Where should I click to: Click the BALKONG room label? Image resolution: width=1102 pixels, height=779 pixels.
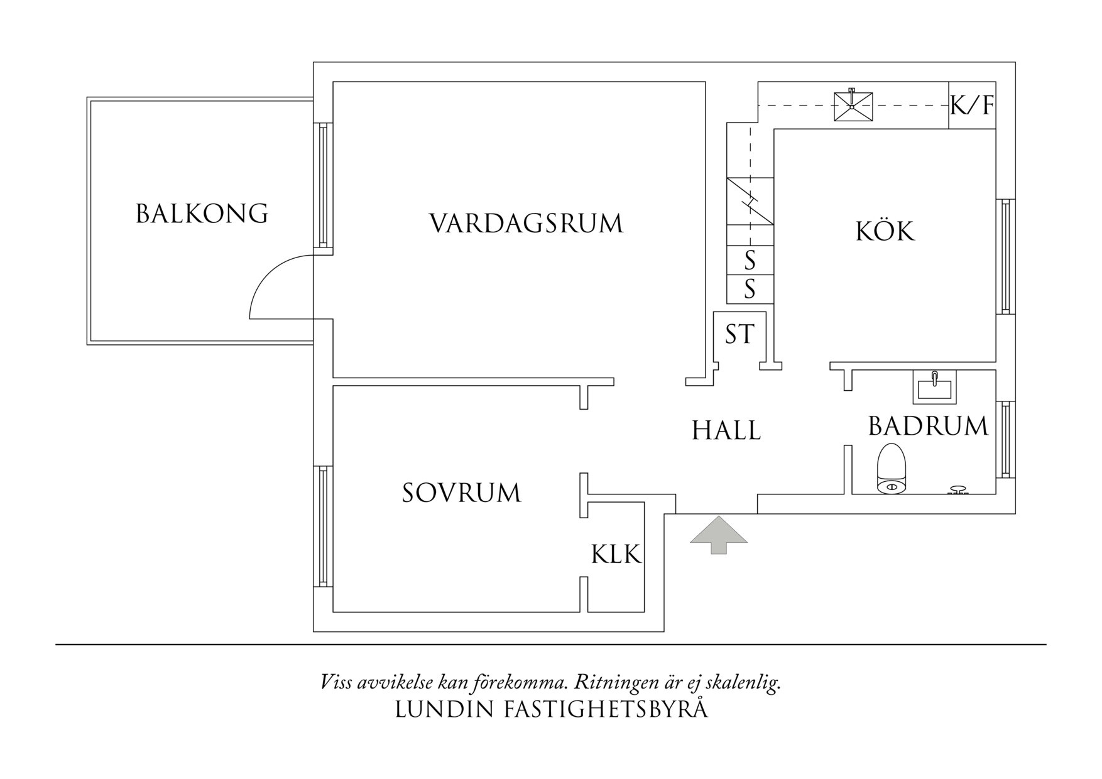click(x=202, y=214)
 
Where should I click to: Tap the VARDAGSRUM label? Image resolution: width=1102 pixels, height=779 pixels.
click(x=526, y=224)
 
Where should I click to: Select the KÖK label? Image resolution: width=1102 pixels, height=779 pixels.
click(x=885, y=232)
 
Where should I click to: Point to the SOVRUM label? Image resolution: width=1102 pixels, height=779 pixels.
click(x=462, y=493)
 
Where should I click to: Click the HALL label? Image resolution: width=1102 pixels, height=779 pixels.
click(x=726, y=431)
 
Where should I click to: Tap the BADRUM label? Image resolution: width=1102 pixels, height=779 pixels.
click(x=928, y=427)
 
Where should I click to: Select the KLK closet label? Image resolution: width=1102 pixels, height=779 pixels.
click(x=616, y=555)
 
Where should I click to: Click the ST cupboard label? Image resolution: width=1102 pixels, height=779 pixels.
click(x=739, y=334)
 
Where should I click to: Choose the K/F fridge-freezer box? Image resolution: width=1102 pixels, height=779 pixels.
click(x=971, y=106)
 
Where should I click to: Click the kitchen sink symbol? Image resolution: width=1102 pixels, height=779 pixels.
click(x=853, y=106)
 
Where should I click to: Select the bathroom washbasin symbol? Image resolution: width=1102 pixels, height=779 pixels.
click(x=934, y=387)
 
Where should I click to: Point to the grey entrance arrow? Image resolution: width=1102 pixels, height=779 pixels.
click(x=719, y=535)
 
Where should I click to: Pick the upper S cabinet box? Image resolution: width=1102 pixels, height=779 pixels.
click(x=750, y=259)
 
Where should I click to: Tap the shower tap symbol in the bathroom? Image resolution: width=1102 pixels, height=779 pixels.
click(x=957, y=490)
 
